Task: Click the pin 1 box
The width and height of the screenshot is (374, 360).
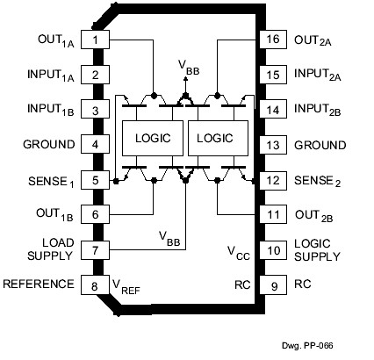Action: [x=94, y=40]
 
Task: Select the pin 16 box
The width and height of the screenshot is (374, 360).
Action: [x=271, y=40]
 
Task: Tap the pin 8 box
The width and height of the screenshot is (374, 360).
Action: [x=94, y=284]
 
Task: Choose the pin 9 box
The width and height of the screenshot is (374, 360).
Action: [x=271, y=284]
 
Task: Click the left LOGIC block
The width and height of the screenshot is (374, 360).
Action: [x=152, y=138]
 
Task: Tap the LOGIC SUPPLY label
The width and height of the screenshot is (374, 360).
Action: [x=320, y=249]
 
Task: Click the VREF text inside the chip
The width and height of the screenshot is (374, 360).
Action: [x=125, y=285]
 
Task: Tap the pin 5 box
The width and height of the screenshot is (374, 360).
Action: [x=94, y=180]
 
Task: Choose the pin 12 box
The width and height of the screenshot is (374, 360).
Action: [x=271, y=180]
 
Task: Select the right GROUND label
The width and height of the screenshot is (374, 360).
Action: [x=320, y=145]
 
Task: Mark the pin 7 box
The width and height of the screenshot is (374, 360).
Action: [x=94, y=249]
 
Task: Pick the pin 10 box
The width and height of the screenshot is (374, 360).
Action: [x=271, y=249]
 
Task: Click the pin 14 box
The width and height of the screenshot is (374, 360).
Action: [x=271, y=110]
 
